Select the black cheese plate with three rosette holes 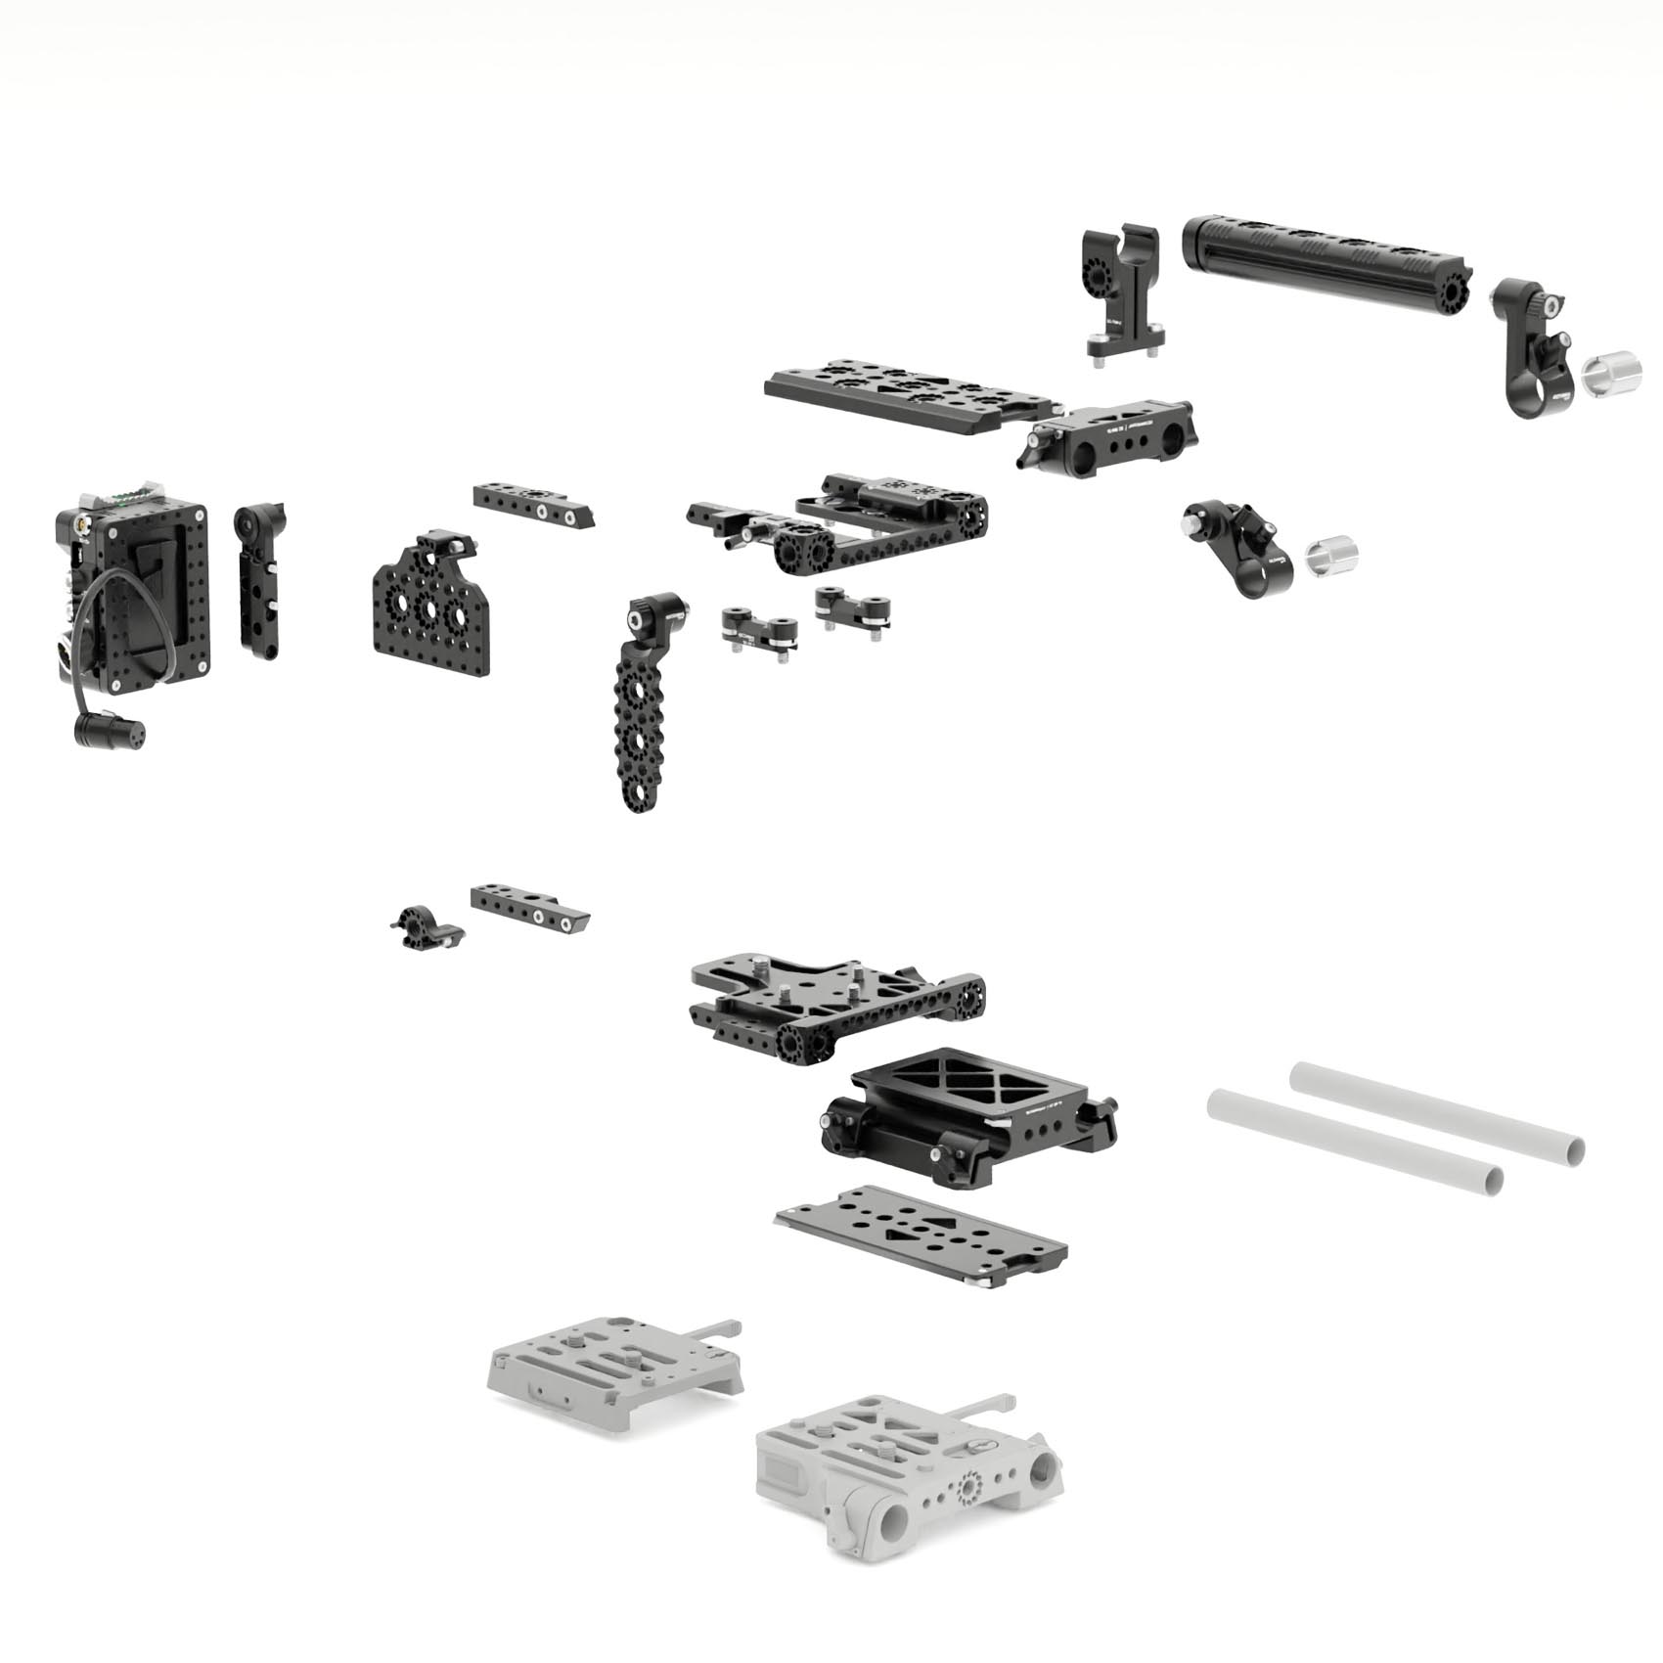427,607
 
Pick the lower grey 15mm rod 1355,1142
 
